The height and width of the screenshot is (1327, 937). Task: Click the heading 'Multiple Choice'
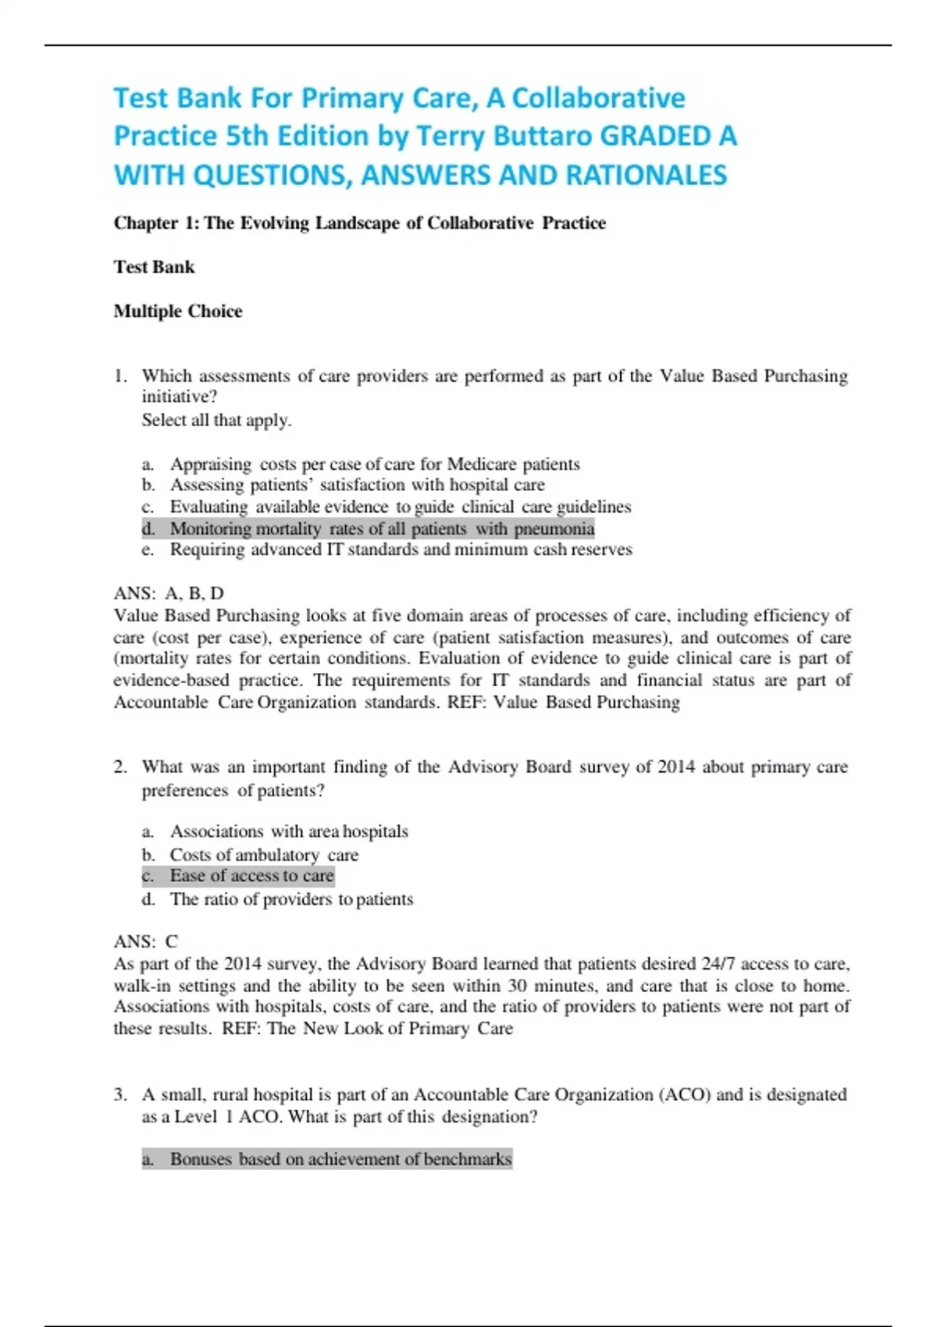[x=178, y=311]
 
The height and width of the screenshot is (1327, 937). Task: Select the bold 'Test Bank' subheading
[x=154, y=267]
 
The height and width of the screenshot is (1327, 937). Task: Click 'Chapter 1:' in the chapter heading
[x=156, y=223]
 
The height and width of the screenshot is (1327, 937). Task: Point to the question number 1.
[x=119, y=376]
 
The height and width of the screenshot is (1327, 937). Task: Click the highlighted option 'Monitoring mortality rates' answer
[x=382, y=529]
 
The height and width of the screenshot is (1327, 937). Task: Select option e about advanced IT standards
[x=401, y=550]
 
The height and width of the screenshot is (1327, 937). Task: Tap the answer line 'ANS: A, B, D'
[x=169, y=593]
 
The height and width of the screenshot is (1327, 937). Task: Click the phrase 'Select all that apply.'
[x=216, y=420]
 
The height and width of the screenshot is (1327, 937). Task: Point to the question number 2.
[x=119, y=767]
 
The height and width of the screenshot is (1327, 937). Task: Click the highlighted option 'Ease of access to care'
[x=251, y=876]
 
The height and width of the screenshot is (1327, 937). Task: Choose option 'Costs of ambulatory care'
[x=264, y=855]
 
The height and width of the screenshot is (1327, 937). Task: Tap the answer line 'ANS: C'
[x=146, y=941]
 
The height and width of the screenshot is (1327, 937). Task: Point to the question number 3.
[x=119, y=1095]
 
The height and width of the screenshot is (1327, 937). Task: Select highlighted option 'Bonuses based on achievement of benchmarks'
[x=340, y=1159]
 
